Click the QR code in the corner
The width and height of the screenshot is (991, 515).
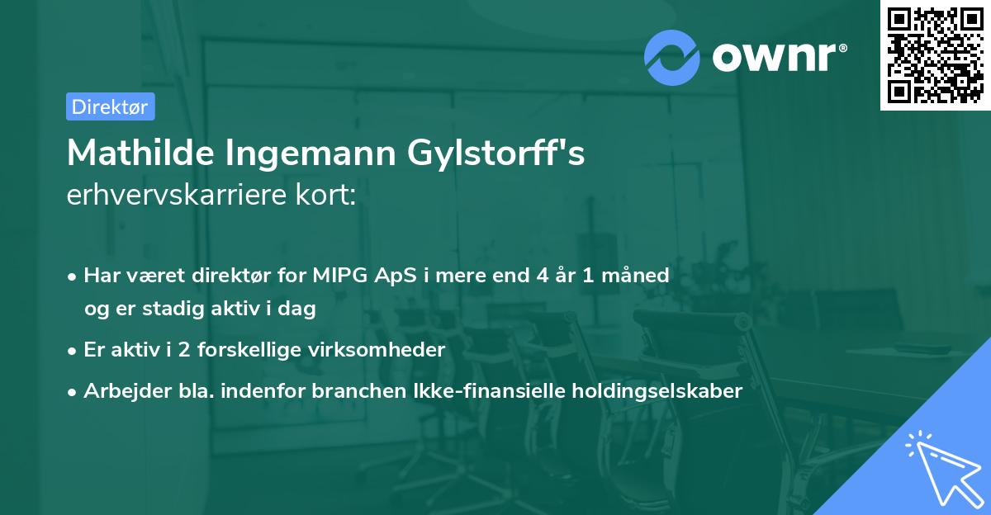point(935,55)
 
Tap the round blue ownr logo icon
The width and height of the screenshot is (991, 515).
point(672,57)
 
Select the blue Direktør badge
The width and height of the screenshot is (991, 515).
point(110,106)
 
